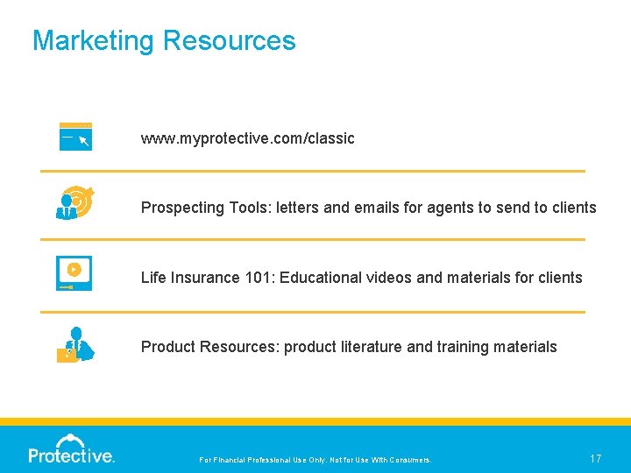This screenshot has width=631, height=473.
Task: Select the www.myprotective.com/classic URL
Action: click(x=248, y=138)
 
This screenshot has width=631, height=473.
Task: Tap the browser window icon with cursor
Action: click(x=75, y=137)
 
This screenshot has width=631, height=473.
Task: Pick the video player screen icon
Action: click(x=74, y=272)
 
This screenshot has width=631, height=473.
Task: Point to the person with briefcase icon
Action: click(x=74, y=344)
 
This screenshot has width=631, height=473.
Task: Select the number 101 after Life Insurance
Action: click(x=245, y=278)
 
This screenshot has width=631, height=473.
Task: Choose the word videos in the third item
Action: click(x=389, y=278)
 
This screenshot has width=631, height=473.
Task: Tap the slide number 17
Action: click(x=595, y=458)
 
